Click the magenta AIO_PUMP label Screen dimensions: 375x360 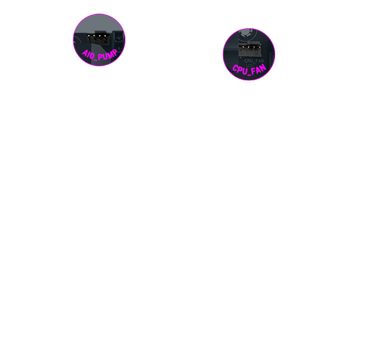click(x=99, y=55)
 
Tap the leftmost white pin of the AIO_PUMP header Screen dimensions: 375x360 click(x=88, y=36)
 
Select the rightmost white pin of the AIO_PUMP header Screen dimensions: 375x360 click(x=105, y=36)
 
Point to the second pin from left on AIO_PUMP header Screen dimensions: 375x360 click(x=94, y=36)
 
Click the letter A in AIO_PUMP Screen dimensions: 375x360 click(x=85, y=53)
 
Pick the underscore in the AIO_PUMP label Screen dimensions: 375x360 click(x=96, y=59)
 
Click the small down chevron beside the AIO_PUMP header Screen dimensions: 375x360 click(x=119, y=37)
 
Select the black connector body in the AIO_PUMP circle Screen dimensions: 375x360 click(x=98, y=38)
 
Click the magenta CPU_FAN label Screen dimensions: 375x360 click(x=249, y=70)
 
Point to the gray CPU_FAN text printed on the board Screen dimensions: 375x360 click(x=254, y=61)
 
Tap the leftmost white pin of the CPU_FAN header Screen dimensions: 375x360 click(x=243, y=47)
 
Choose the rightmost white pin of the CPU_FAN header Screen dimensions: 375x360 click(x=259, y=47)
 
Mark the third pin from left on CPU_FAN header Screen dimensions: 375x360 click(x=254, y=47)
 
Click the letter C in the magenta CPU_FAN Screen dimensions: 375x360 click(x=235, y=68)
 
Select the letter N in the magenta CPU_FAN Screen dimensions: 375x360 click(x=263, y=68)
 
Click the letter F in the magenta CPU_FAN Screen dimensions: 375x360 click(x=253, y=72)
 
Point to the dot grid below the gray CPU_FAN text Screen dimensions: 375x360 click(x=250, y=65)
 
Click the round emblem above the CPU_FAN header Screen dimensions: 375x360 click(x=247, y=34)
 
